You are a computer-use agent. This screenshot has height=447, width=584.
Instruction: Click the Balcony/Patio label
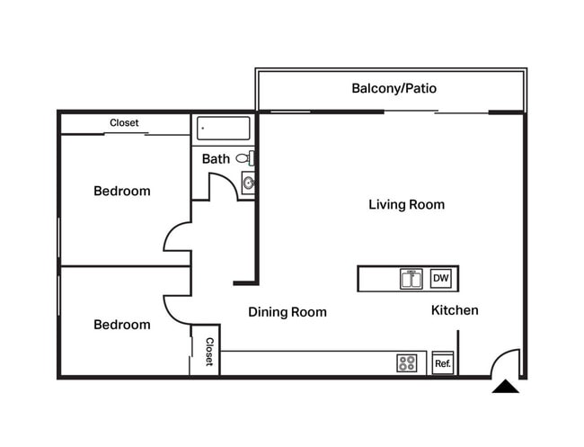click(x=394, y=89)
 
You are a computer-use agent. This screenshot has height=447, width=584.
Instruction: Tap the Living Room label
click(x=406, y=204)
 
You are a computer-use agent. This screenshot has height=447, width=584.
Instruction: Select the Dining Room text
click(x=287, y=312)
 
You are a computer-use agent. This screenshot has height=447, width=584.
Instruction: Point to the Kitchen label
click(x=455, y=310)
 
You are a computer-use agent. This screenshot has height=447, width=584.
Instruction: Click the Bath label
click(x=215, y=159)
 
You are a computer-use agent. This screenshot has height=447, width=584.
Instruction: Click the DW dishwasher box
click(x=440, y=279)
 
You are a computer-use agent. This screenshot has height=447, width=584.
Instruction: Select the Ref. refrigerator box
click(x=442, y=363)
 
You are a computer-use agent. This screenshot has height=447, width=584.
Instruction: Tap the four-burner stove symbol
click(x=407, y=363)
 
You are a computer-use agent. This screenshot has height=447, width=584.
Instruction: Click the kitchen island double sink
click(x=411, y=279)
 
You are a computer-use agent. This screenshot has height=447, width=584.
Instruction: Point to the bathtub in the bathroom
click(x=223, y=128)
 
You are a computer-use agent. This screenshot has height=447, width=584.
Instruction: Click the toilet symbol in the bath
click(x=244, y=158)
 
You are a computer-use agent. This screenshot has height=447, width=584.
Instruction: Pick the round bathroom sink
click(x=249, y=183)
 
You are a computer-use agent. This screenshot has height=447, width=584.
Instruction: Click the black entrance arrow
click(x=506, y=387)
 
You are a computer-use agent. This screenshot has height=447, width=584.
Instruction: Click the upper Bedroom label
click(x=122, y=191)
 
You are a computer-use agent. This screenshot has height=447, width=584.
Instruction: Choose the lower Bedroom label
click(x=122, y=325)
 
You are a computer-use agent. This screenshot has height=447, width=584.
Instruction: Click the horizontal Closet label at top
click(x=124, y=123)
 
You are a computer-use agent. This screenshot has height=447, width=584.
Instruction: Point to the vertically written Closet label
click(x=208, y=352)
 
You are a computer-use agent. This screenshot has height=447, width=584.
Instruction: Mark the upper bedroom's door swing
click(x=177, y=237)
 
